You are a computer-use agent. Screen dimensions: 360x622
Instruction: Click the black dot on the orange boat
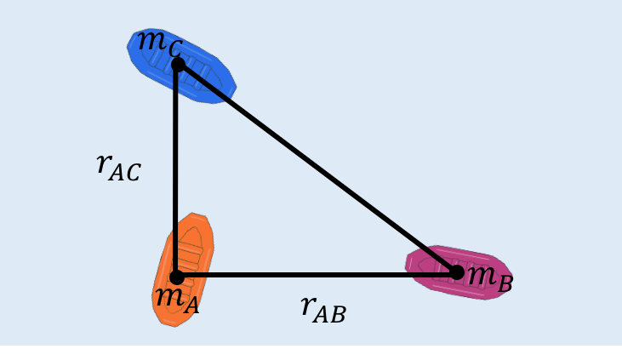click(177, 277)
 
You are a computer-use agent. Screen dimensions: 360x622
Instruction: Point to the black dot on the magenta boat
click(457, 272)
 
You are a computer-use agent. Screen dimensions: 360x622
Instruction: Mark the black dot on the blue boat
click(178, 65)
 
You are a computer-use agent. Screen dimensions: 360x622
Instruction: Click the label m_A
click(177, 298)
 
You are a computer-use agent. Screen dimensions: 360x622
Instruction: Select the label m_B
click(490, 276)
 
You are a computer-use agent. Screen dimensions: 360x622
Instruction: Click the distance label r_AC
click(118, 167)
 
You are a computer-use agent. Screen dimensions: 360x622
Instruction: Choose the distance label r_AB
click(323, 308)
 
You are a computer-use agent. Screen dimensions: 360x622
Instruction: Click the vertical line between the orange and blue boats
click(175, 170)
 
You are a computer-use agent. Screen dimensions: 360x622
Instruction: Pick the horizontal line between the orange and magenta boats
click(315, 275)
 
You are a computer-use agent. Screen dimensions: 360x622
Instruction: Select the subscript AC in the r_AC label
click(126, 173)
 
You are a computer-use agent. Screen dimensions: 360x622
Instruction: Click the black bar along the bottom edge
click(311, 352)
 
